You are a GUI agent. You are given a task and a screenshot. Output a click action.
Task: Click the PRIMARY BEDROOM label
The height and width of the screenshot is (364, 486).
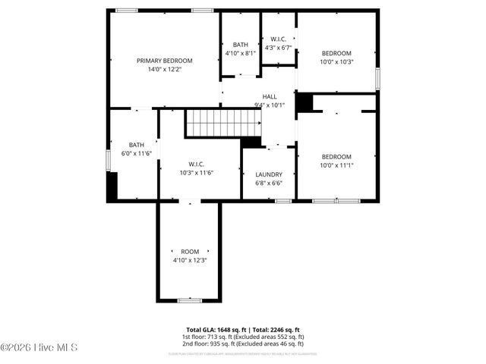(164, 61)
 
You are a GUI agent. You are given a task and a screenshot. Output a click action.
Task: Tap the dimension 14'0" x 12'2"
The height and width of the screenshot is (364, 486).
(164, 69)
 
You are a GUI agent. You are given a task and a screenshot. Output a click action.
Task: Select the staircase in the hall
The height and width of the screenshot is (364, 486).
(213, 123)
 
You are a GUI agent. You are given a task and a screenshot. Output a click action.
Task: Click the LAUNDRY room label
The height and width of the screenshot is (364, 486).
(269, 174)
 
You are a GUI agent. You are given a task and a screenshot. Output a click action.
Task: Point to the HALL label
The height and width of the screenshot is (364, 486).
(270, 96)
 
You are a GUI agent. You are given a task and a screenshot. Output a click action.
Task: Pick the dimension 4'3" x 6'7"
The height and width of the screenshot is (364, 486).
(278, 47)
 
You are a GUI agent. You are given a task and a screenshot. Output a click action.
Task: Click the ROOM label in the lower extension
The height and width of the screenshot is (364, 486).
(189, 252)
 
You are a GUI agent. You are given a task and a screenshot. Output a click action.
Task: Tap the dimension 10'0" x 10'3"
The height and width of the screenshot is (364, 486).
(336, 61)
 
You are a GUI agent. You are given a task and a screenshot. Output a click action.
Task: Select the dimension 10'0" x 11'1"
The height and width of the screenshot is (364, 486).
(336, 165)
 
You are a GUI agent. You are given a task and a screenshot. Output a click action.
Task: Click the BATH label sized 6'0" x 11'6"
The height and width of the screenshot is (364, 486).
(136, 145)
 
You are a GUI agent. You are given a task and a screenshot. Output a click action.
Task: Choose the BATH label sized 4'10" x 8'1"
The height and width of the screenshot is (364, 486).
(241, 45)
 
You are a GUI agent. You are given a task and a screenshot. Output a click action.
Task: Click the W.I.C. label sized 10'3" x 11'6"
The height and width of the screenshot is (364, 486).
(197, 165)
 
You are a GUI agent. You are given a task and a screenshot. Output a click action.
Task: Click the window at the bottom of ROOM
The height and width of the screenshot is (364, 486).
(189, 301)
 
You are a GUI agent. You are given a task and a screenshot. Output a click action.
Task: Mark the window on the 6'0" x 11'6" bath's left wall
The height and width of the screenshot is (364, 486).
(109, 161)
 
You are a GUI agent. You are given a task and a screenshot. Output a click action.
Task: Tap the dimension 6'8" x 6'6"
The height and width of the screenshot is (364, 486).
(269, 183)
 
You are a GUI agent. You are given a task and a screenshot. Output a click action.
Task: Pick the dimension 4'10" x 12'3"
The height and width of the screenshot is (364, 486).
(189, 260)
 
